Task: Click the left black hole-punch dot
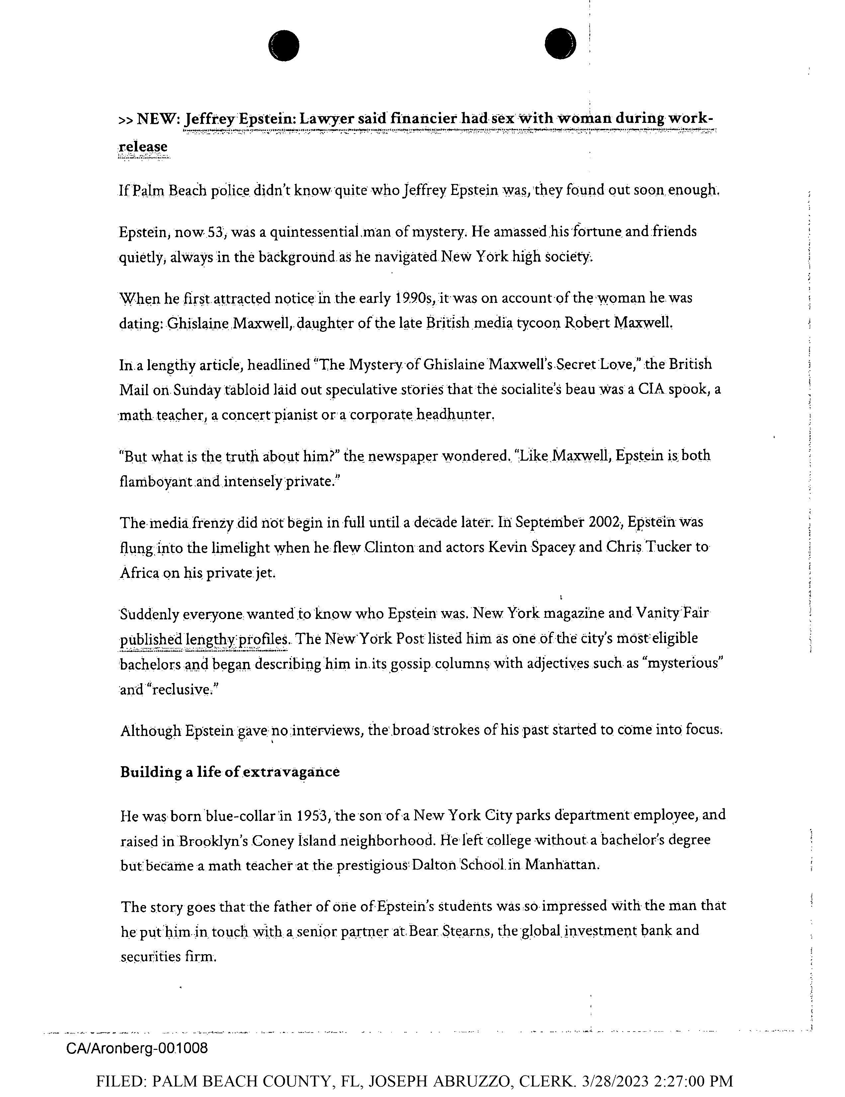click(x=284, y=46)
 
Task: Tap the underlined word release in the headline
click(x=143, y=147)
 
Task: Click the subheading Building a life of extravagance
click(x=230, y=772)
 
